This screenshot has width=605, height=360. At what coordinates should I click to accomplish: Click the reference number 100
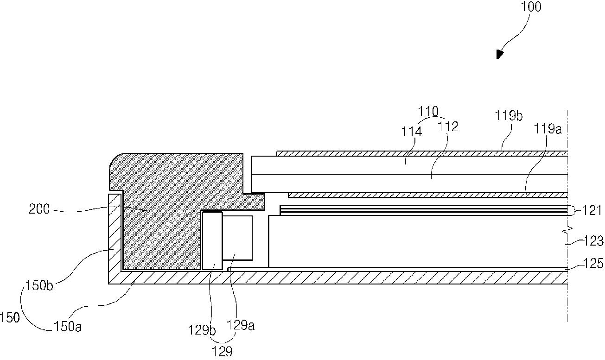pyautogui.click(x=531, y=7)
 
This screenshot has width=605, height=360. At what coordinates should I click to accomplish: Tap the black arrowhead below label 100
pyautogui.click(x=500, y=54)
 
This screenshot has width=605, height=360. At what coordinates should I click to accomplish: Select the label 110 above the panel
pyautogui.click(x=428, y=111)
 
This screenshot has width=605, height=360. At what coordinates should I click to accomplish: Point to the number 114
pyautogui.click(x=411, y=132)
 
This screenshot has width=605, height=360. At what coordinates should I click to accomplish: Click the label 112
pyautogui.click(x=447, y=127)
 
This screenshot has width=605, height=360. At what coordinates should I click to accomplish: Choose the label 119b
pyautogui.click(x=509, y=116)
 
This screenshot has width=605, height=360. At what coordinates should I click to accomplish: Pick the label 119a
pyautogui.click(x=548, y=129)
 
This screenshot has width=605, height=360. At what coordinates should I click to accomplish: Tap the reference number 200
pyautogui.click(x=39, y=209)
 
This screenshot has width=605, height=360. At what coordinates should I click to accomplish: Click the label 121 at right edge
pyautogui.click(x=592, y=210)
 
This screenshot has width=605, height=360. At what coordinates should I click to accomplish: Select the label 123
pyautogui.click(x=593, y=241)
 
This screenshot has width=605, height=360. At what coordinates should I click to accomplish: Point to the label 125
pyautogui.click(x=593, y=263)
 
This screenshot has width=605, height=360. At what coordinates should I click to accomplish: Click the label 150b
pyautogui.click(x=39, y=285)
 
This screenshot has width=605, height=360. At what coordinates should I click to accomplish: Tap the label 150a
pyautogui.click(x=68, y=327)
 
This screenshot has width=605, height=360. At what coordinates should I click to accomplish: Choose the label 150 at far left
pyautogui.click(x=10, y=318)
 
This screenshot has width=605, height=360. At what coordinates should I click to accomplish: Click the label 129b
pyautogui.click(x=202, y=330)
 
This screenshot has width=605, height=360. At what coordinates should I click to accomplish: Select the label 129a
pyautogui.click(x=241, y=325)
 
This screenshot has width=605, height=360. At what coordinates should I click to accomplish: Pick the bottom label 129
pyautogui.click(x=222, y=352)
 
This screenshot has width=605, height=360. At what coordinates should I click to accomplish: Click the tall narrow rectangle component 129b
pyautogui.click(x=212, y=241)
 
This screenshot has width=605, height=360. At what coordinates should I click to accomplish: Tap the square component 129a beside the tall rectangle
pyautogui.click(x=237, y=238)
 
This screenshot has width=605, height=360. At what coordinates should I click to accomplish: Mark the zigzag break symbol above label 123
pyautogui.click(x=567, y=230)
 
